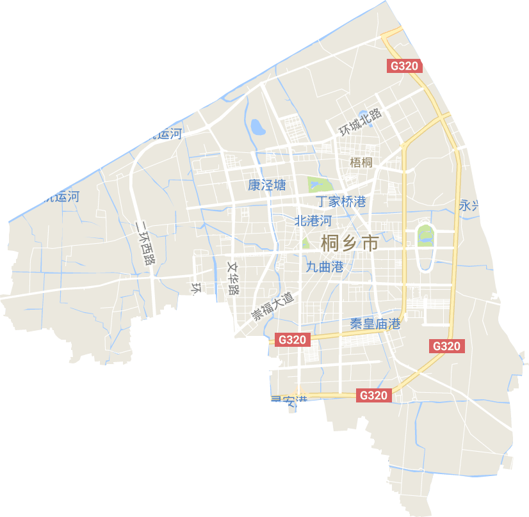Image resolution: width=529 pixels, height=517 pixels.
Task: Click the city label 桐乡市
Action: pos(349,244)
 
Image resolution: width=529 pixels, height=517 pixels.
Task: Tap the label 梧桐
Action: pos(361,163)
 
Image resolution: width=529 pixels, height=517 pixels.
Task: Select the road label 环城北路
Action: pos(361,121)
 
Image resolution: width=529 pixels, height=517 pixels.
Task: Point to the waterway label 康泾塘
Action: pos(267,186)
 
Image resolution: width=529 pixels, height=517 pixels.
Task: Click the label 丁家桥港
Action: pos(341,202)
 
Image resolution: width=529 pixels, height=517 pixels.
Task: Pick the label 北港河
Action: pos(313,221)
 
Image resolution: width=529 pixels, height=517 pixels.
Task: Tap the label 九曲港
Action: pos(325,267)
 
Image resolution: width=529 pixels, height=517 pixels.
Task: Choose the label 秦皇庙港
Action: pos(375,324)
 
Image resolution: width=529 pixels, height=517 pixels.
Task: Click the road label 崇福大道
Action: pos(272,307)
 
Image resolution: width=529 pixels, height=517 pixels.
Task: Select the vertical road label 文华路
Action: pos(233,277)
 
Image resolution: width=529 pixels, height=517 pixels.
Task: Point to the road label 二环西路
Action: pos(145,243)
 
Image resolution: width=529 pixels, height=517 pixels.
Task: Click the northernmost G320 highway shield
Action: pos(405,66)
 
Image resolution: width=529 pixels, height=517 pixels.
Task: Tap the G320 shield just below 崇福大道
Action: pos(293,340)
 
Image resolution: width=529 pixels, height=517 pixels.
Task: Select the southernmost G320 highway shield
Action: pos(373,395)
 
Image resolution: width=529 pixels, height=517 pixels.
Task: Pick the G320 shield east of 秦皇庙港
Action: pos(446,346)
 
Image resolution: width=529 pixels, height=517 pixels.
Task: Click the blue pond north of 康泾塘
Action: pos(258,126)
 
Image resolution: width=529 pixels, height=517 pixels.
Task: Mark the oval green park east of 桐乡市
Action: pos(423,235)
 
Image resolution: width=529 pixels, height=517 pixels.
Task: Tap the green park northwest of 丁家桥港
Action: pos(316,184)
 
